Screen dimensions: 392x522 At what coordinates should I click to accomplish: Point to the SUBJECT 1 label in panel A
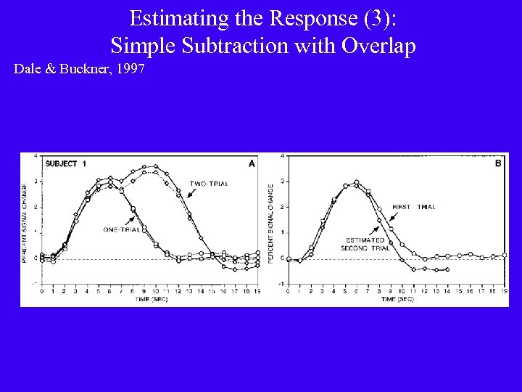tap(65, 164)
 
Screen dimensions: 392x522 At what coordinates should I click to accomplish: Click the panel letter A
tap(252, 163)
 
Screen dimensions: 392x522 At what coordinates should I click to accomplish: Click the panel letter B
tap(498, 163)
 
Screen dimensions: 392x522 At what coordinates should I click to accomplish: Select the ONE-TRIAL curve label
tap(121, 229)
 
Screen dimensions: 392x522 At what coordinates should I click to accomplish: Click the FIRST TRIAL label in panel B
tap(413, 207)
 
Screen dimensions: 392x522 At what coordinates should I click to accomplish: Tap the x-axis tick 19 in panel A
tap(258, 291)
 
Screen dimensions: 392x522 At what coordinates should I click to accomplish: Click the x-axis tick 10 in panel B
tap(402, 291)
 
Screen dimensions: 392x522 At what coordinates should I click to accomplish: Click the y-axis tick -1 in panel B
tap(281, 283)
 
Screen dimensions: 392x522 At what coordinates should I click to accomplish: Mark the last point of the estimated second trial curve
tap(447, 269)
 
